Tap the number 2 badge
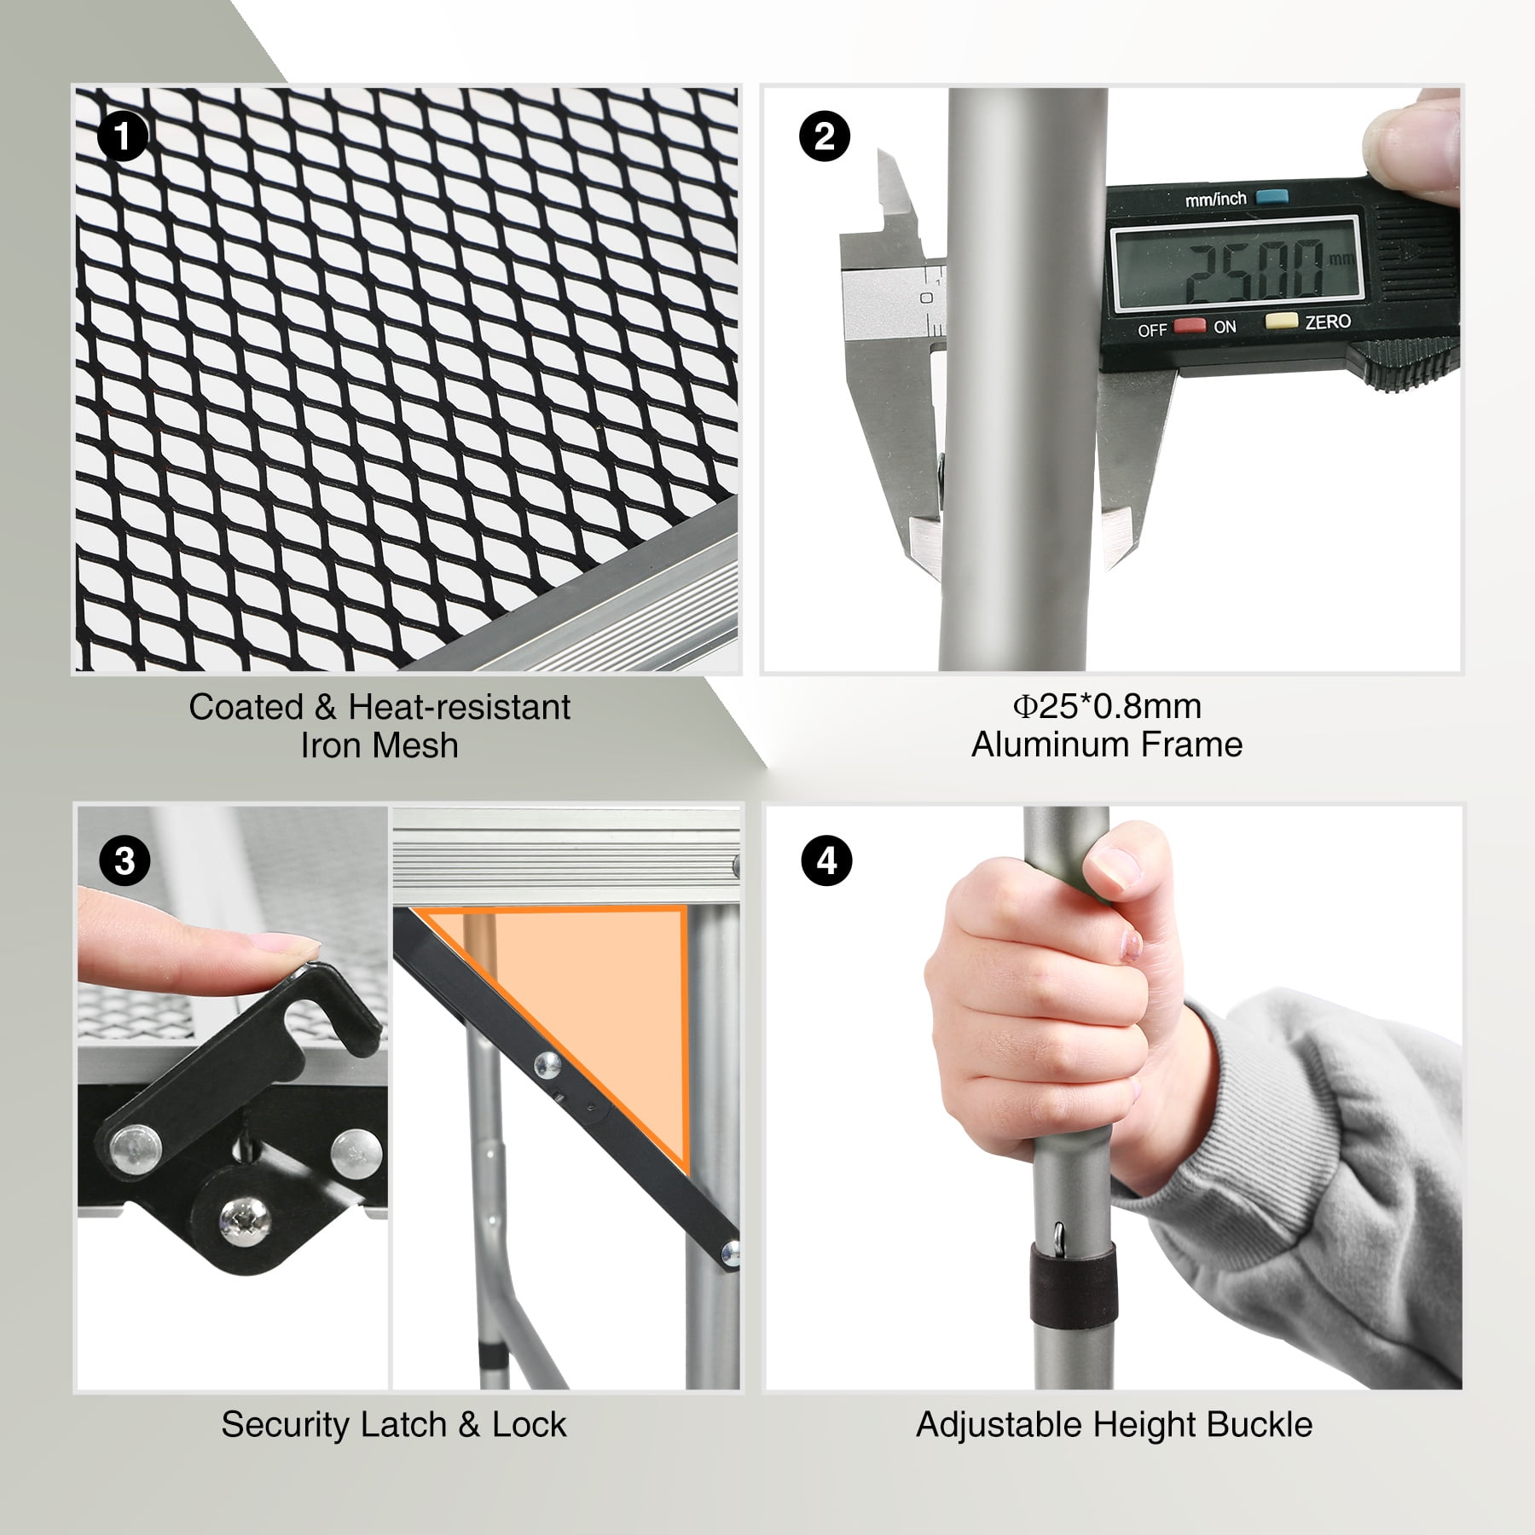point(825,136)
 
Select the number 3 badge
point(125,861)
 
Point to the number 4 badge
point(827,861)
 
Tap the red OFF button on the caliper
point(1188,326)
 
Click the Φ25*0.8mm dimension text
point(1107,706)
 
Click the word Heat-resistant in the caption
point(460,707)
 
